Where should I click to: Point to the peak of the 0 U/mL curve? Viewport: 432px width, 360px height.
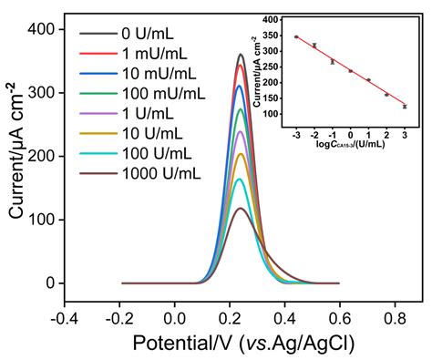241,54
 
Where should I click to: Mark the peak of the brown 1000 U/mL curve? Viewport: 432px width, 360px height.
241,209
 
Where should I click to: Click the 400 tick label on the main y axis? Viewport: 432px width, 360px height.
37,29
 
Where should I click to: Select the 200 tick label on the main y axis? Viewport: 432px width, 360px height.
37,156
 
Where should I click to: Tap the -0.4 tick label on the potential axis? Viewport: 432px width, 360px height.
63,319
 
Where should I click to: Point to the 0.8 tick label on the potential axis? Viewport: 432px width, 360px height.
396,319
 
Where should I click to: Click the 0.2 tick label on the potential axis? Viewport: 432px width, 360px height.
230,319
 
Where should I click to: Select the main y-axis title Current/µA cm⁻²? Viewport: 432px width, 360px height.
15,160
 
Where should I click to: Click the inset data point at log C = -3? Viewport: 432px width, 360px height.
296,37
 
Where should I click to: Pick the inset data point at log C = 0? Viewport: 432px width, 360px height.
350,71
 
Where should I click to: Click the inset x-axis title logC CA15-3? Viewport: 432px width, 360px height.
350,143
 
